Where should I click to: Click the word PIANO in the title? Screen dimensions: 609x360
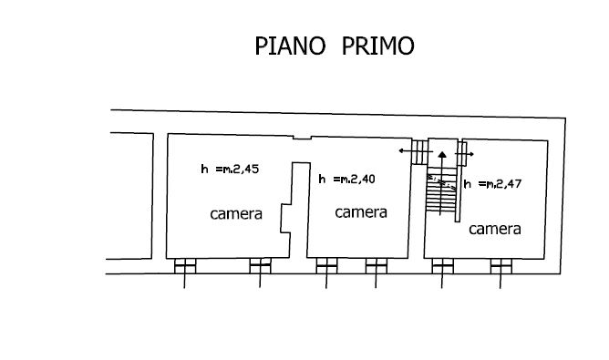tap(290, 46)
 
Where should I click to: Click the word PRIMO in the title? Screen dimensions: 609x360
tap(378, 46)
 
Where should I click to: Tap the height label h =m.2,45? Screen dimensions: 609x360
tap(230, 170)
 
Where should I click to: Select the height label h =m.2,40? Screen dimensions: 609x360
tap(346, 179)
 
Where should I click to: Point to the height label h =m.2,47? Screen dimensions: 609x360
tap(492, 184)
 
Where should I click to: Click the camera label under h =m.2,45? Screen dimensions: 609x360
tap(236, 214)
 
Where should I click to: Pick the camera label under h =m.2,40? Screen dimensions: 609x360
tap(361, 212)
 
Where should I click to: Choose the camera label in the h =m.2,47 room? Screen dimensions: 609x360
tap(495, 229)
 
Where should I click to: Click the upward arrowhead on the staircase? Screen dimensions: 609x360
tap(442, 155)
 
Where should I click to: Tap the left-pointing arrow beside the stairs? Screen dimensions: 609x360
tap(416, 150)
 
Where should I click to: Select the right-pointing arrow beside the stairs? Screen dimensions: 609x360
tap(465, 154)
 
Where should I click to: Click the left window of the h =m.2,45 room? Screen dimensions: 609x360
tap(185, 266)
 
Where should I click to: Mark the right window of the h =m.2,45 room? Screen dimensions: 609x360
tap(260, 266)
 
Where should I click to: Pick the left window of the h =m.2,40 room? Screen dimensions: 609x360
tap(326, 266)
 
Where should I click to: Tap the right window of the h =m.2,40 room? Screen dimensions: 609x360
tap(376, 266)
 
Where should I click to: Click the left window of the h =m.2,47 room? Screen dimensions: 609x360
tap(442, 266)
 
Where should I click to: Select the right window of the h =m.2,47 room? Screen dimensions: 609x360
tap(501, 266)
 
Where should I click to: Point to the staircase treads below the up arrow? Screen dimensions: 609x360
tap(441, 190)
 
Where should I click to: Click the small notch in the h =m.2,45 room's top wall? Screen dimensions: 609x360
tap(302, 137)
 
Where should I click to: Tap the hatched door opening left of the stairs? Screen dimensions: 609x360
tap(420, 152)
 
